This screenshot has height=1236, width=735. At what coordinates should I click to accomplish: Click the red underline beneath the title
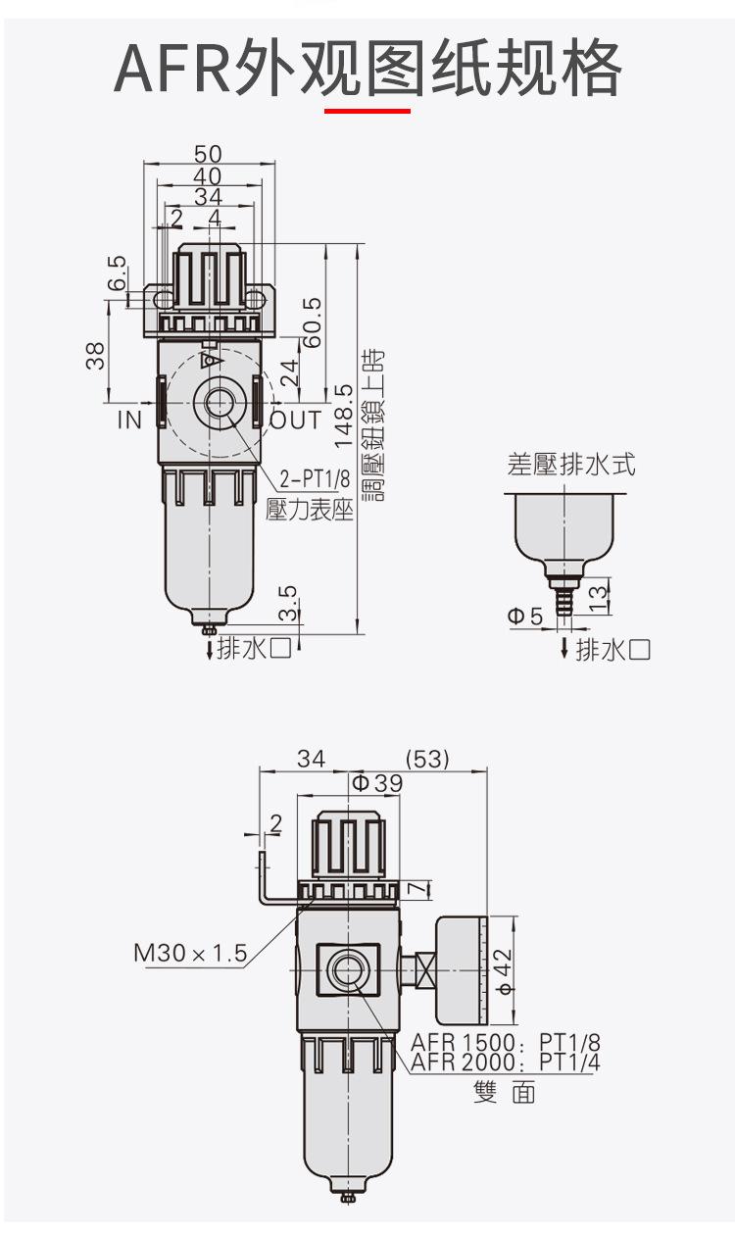pyautogui.click(x=367, y=111)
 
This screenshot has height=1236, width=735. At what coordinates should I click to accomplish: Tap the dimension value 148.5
pyautogui.click(x=343, y=416)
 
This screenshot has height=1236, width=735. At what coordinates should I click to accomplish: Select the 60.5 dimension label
pyautogui.click(x=313, y=322)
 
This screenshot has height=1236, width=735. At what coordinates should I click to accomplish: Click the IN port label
pyautogui.click(x=129, y=420)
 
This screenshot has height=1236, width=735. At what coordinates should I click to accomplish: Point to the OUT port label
pyautogui.click(x=296, y=420)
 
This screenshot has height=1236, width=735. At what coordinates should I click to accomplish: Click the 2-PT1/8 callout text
pyautogui.click(x=315, y=478)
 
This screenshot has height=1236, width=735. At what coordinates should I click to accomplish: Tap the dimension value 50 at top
pyautogui.click(x=208, y=154)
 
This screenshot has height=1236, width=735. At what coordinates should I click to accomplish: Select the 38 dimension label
pyautogui.click(x=95, y=356)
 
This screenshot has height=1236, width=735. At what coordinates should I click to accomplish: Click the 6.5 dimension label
pyautogui.click(x=117, y=272)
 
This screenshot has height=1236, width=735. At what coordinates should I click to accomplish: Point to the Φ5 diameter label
pyautogui.click(x=524, y=616)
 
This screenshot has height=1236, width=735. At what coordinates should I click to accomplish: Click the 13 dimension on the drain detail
pyautogui.click(x=598, y=599)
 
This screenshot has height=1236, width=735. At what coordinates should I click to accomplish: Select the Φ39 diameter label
pyautogui.click(x=377, y=782)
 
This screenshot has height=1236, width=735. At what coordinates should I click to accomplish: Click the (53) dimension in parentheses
pyautogui.click(x=427, y=760)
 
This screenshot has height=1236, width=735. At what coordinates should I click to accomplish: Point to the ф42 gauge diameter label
pyautogui.click(x=505, y=988)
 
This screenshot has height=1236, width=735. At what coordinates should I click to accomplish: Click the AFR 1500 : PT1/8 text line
pyautogui.click(x=506, y=1042)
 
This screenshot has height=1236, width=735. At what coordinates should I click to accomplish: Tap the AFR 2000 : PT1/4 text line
pyautogui.click(x=506, y=1063)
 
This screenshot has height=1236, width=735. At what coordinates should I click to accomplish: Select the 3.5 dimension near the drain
pyautogui.click(x=288, y=603)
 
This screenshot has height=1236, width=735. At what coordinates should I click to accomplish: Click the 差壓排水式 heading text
pyautogui.click(x=571, y=464)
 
